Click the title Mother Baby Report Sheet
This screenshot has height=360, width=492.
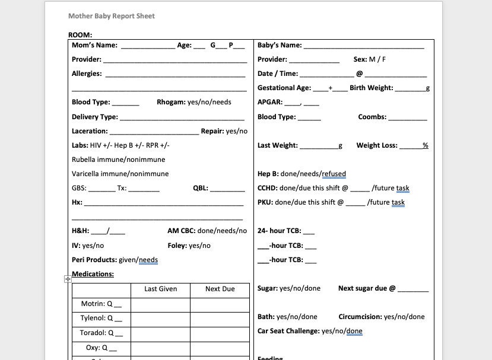coord(111,16)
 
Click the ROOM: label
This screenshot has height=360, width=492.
coord(80,35)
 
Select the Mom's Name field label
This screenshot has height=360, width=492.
coord(94,45)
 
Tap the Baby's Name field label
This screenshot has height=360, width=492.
coord(280,45)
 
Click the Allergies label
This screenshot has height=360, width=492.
coord(87,74)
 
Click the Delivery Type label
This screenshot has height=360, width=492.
coord(95,117)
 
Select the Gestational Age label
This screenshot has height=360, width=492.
coord(284,88)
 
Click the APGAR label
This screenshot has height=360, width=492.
coord(269,102)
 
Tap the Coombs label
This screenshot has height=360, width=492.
coord(372,117)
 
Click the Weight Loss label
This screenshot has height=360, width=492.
coord(377,145)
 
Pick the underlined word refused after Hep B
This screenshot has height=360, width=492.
coord(334,174)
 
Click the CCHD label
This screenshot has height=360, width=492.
coord(267,188)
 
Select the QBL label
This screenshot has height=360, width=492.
coord(201,188)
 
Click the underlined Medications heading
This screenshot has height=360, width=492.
coord(93,274)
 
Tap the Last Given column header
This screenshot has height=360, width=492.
coord(160,289)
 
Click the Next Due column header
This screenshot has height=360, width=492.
coord(220,289)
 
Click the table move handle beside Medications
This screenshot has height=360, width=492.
coord(68,279)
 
